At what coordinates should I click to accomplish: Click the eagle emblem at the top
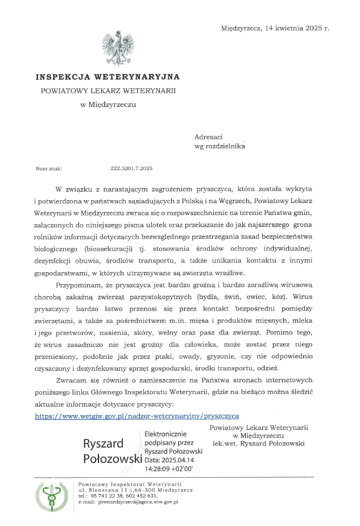pyautogui.click(x=118, y=48)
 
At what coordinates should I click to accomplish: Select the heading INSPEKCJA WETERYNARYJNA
pyautogui.click(x=107, y=76)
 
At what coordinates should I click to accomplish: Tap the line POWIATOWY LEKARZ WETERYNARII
pyautogui.click(x=108, y=90)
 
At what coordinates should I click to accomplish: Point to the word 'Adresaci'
pyautogui.click(x=209, y=136)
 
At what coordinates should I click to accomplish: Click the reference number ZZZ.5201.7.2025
pyautogui.click(x=131, y=168)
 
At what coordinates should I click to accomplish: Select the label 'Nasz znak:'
pyautogui.click(x=48, y=168)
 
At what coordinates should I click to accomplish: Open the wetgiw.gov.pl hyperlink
pyautogui.click(x=137, y=416)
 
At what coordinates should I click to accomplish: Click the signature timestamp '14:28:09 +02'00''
pyautogui.click(x=169, y=470)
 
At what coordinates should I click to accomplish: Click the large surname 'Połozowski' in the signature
pyautogui.click(x=112, y=458)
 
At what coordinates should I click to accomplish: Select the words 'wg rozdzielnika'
pyautogui.click(x=220, y=146)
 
